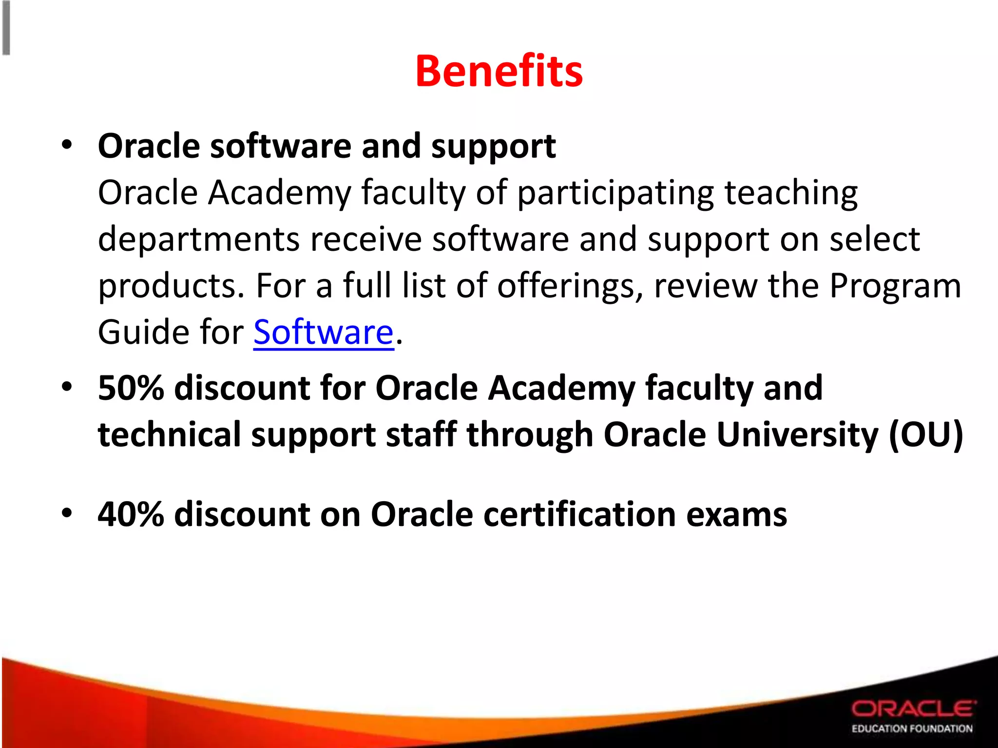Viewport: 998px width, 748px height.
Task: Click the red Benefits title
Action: tap(499, 72)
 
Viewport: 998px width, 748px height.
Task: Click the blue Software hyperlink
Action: tap(323, 332)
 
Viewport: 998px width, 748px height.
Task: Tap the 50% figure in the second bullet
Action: tap(131, 388)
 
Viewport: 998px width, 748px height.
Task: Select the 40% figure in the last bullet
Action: tap(131, 514)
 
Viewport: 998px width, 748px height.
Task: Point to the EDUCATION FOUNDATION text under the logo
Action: tap(912, 729)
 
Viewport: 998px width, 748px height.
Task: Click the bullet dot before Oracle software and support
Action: tap(67, 145)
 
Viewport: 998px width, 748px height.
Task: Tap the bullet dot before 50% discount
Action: tap(67, 387)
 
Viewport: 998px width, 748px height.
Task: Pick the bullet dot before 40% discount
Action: tap(67, 513)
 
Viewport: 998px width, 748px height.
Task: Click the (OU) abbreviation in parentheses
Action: tap(925, 434)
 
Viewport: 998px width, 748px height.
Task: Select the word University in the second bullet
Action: tap(797, 434)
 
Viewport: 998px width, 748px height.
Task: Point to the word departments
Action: tap(198, 240)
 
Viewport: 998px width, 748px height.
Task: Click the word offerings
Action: tap(570, 286)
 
